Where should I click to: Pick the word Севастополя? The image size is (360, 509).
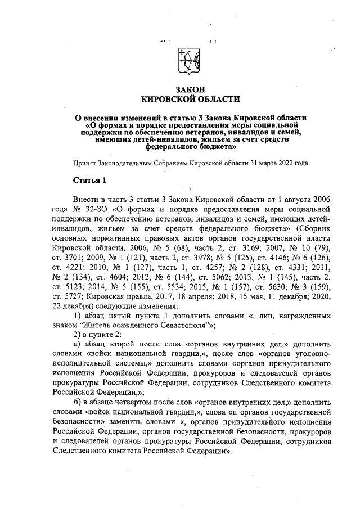[175, 325]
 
